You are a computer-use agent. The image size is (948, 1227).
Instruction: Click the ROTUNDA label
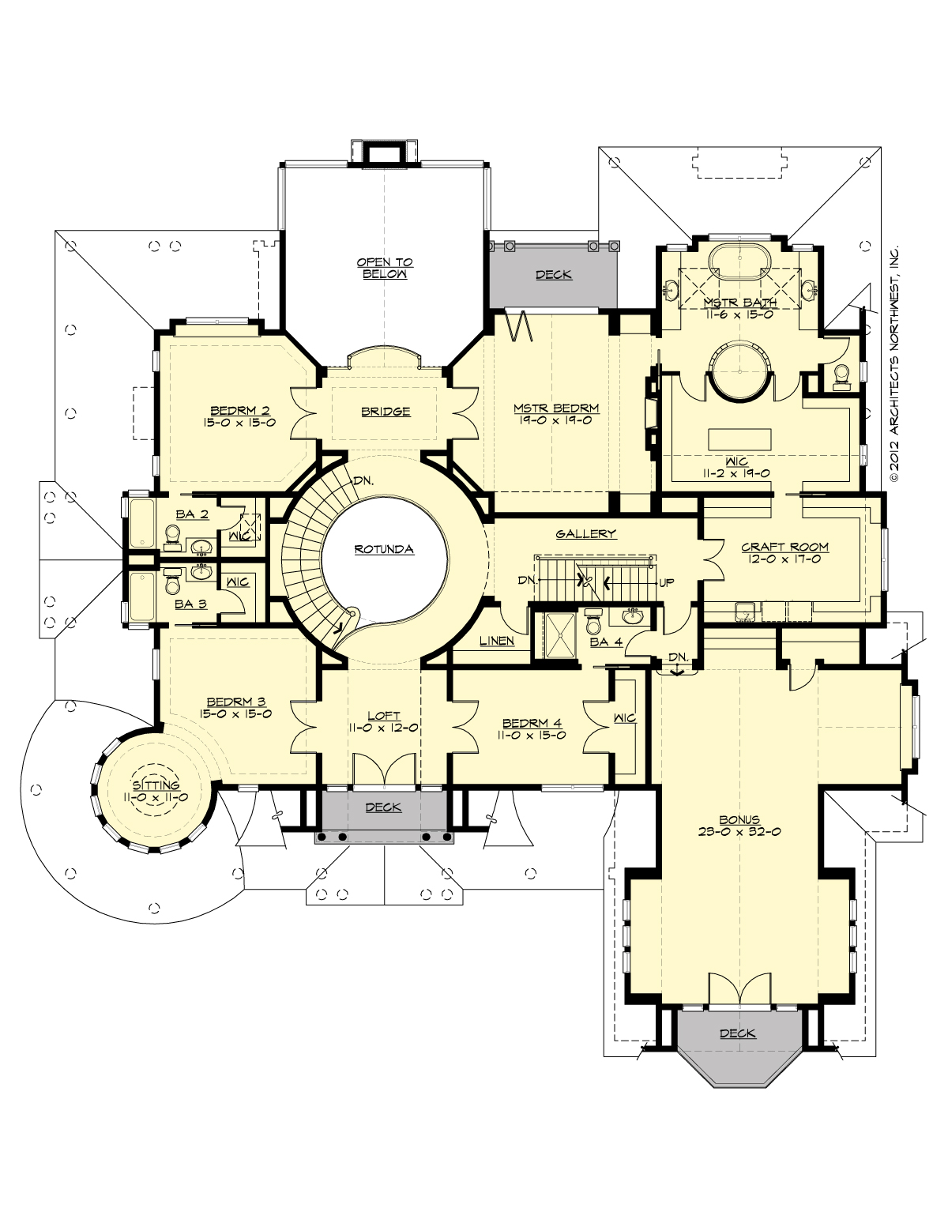(384, 549)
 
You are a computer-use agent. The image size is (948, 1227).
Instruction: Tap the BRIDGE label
(386, 411)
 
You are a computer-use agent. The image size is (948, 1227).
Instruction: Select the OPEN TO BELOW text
(385, 268)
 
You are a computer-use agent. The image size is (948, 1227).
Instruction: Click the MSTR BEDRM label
(556, 408)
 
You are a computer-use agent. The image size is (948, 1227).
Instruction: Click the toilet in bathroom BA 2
(172, 537)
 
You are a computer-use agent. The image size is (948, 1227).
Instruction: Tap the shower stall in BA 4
(558, 635)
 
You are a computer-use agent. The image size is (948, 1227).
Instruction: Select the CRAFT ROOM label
(784, 547)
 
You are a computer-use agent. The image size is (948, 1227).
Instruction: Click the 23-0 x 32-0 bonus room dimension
(739, 832)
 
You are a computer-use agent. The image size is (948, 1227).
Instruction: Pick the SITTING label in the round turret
(156, 785)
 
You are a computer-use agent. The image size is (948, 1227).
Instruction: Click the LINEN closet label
(497, 641)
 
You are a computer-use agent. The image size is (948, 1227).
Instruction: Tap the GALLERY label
(585, 534)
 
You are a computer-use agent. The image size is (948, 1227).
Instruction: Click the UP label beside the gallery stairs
(667, 583)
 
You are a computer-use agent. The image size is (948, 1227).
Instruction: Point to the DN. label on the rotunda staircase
(363, 480)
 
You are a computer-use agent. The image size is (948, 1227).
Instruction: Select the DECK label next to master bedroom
(553, 275)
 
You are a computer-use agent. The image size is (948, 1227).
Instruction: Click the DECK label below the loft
(383, 807)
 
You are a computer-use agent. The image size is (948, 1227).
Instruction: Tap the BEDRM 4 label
(533, 723)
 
